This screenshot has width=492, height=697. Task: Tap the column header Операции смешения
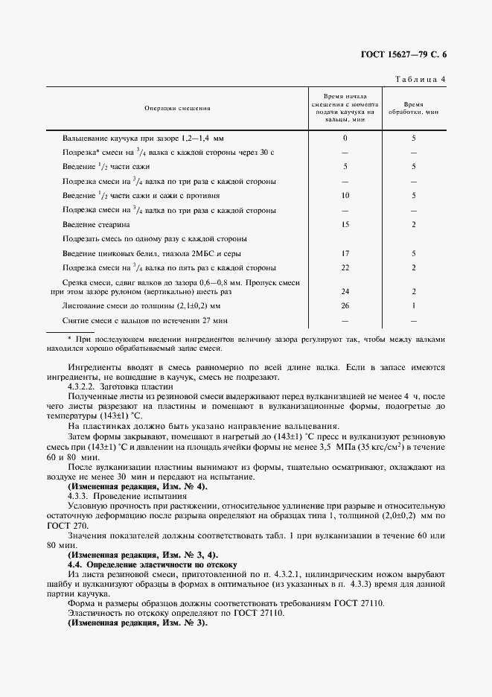(177, 109)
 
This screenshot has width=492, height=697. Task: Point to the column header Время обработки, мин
(414, 109)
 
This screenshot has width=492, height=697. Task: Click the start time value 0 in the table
(345, 139)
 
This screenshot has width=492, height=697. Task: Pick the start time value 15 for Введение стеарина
(345, 224)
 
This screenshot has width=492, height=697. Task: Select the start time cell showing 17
(345, 253)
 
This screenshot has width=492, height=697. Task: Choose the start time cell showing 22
(345, 267)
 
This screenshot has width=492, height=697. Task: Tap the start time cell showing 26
(345, 305)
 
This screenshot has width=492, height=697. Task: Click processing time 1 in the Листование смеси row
(414, 305)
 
